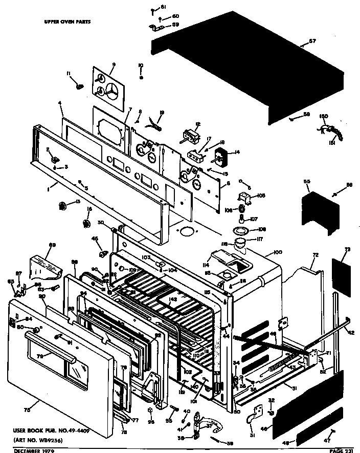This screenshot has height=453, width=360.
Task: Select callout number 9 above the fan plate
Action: tap(113, 64)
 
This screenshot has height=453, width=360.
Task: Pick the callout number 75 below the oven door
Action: tap(27, 409)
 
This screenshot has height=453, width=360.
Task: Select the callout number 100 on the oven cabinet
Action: tap(278, 252)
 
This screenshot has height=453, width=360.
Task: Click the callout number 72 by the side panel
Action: tap(315, 254)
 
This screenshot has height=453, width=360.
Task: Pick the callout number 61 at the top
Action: tap(163, 7)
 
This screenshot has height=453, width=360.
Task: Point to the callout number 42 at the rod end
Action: tap(351, 332)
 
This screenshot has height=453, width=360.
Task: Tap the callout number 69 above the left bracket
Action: tap(52, 245)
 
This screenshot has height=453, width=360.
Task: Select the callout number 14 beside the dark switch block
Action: tap(237, 152)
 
